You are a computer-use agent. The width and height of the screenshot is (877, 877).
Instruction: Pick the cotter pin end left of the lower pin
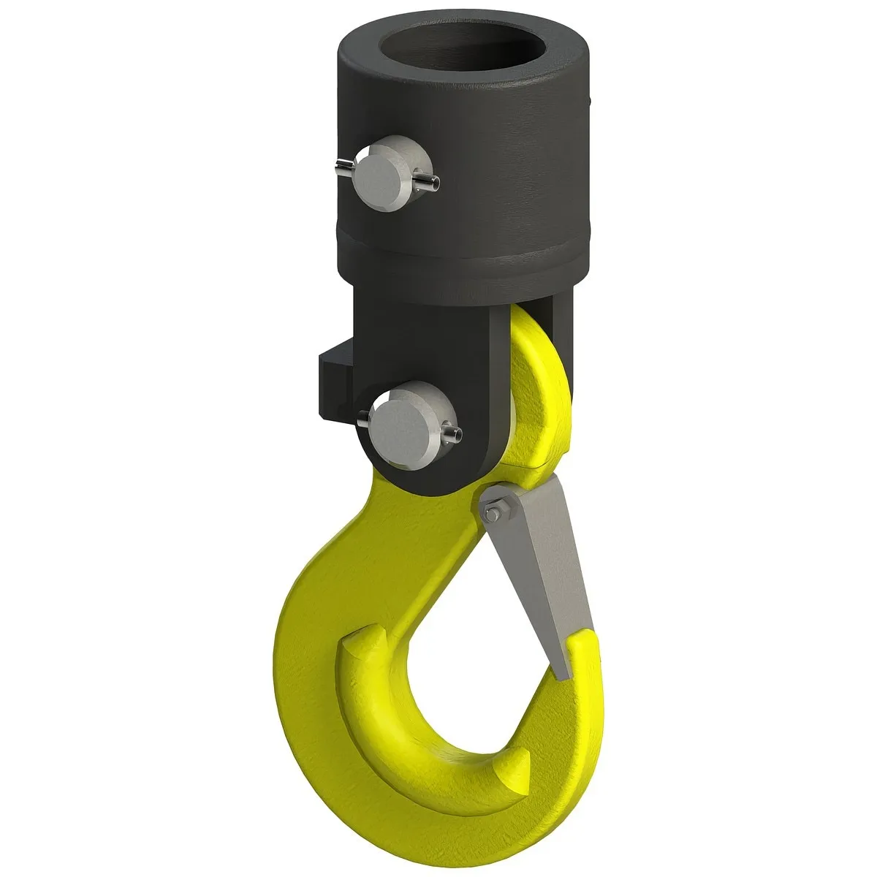click(364, 419)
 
